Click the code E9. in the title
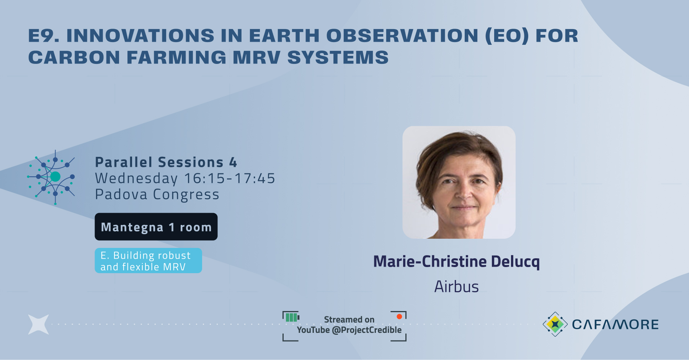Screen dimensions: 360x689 [x=43, y=36]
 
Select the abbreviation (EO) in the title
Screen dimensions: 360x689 [x=507, y=36]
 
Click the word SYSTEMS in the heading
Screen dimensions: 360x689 [x=338, y=57]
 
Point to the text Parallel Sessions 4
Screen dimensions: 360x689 [x=166, y=162]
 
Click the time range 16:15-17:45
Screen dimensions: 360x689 [x=229, y=178]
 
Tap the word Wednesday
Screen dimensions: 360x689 [x=136, y=178]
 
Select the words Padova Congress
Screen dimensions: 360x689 [x=157, y=194]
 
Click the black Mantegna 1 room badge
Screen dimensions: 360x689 [x=156, y=226]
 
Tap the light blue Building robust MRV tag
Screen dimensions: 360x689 [x=148, y=261]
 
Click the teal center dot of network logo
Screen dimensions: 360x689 [x=56, y=176]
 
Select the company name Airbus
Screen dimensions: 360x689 [x=456, y=287]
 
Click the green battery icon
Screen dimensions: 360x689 [x=292, y=317]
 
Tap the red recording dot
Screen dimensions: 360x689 [x=399, y=316]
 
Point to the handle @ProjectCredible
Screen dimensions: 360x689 [x=366, y=330]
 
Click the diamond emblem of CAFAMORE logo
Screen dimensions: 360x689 [x=555, y=324]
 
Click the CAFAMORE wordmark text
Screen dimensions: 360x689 [x=615, y=324]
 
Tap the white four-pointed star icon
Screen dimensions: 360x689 [x=39, y=324]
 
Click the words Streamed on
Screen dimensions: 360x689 [x=349, y=319]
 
